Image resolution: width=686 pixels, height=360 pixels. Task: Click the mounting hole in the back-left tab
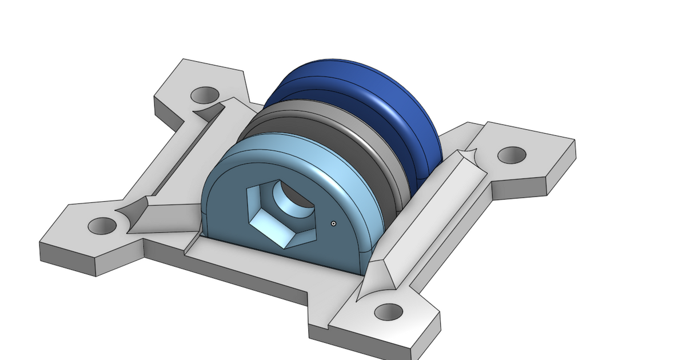205,94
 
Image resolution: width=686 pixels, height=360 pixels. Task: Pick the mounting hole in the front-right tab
389,312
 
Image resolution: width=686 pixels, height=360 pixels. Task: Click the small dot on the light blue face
333,223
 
